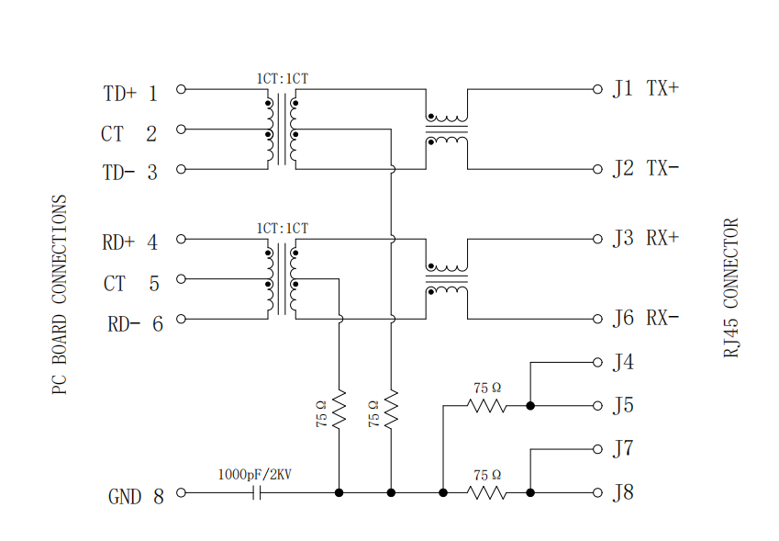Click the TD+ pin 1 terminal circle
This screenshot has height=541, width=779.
coord(182,89)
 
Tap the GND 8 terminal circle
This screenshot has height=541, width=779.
coord(182,492)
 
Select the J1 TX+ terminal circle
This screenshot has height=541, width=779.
coord(597,89)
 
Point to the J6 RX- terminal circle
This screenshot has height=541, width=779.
coord(597,319)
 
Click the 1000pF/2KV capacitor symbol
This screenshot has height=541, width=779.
coord(256,492)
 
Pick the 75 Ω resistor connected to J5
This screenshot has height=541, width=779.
coord(487,406)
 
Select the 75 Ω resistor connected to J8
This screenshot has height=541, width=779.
coord(487,492)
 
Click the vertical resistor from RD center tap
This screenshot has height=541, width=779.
coord(339,410)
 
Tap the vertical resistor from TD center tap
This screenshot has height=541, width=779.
coord(391,410)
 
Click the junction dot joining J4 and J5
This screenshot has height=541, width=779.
coord(530,406)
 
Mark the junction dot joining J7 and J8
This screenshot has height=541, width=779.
coord(530,492)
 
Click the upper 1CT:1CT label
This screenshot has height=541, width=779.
coord(283,79)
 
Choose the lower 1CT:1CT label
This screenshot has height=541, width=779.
coord(283,228)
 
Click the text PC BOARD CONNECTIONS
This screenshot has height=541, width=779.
coord(59,294)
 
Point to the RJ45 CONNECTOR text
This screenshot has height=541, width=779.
coord(730,287)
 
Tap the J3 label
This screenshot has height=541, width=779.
coord(623,238)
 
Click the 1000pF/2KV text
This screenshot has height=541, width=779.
coord(255,474)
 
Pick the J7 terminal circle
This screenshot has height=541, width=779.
coord(597,449)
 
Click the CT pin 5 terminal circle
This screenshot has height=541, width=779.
coord(182,279)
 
